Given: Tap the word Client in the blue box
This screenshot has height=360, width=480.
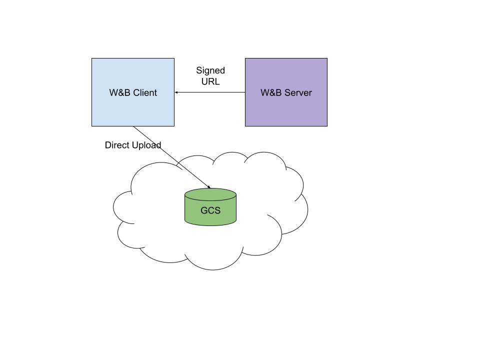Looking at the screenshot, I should point(145,92).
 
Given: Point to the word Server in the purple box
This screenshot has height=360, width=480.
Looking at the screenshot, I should point(298,92).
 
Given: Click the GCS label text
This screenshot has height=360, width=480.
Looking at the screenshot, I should point(210,210).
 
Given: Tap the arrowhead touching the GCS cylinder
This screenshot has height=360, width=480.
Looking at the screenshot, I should point(209,187).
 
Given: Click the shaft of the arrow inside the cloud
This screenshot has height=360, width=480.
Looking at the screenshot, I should point(195,175).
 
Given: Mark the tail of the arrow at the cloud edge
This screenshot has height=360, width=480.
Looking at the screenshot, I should point(179,163).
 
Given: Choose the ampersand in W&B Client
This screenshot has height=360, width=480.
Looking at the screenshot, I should point(120,92).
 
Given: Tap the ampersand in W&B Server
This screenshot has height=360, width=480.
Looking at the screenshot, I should point(271,92).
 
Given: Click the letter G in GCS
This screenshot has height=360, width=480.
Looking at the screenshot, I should point(204,210).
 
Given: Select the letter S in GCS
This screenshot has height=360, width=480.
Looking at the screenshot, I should point(217,210).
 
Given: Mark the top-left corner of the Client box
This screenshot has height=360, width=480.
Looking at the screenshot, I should point(92,59).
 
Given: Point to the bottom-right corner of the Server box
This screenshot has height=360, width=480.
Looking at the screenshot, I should point(326,125).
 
